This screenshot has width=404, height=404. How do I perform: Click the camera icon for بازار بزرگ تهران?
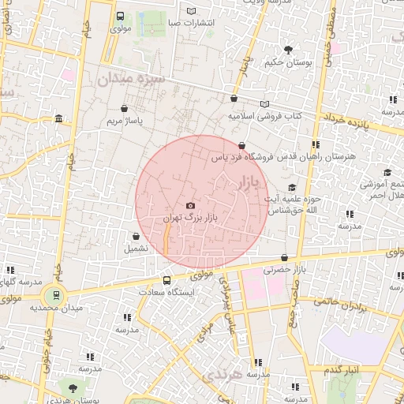[190, 205]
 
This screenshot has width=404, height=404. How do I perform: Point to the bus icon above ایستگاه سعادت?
[166, 280]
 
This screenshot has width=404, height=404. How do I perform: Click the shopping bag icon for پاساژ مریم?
[124, 109]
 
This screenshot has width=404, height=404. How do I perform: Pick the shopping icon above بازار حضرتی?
[284, 258]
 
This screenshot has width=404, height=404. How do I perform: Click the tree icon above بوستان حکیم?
[288, 50]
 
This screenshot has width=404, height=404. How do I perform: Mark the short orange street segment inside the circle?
[166, 238]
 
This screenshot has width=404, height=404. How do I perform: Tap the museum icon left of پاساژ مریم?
[59, 119]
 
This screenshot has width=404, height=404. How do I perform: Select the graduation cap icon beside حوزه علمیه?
[292, 188]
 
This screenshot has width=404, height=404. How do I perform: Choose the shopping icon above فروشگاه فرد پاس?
[241, 145]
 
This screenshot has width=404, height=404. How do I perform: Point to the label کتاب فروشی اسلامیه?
[265, 116]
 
